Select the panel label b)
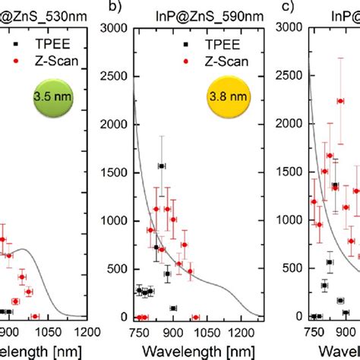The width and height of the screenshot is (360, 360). (x=116, y=9)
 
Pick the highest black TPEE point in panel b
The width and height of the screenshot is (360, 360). (x=162, y=166)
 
